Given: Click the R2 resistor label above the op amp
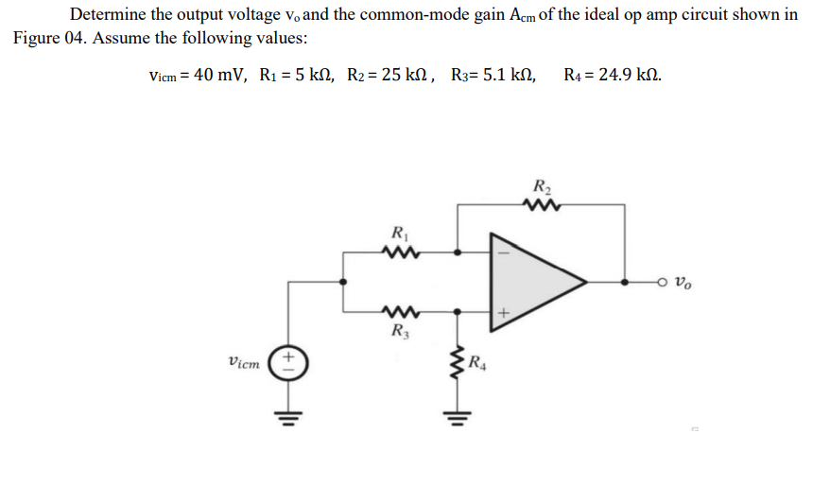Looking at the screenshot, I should pos(544,185).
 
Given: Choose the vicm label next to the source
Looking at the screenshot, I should pos(246,360).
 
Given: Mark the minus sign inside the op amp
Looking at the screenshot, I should pos(504,252).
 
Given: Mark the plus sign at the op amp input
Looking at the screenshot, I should pos(504,310).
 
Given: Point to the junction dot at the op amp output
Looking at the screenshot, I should pos(625,282).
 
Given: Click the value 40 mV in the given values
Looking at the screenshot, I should pos(219,75).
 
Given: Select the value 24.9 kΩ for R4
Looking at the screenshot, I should pos(624,75).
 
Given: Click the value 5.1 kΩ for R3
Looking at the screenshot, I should pos(509,75).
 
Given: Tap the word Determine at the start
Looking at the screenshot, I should pos(106,15).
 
